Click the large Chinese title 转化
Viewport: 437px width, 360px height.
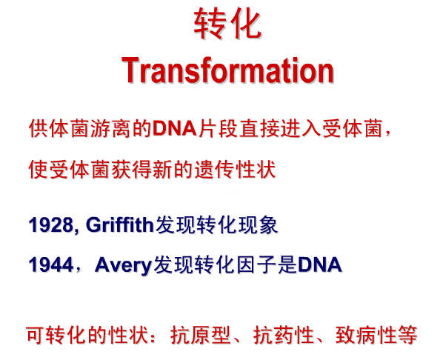227,23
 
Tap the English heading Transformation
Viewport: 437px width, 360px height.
227,70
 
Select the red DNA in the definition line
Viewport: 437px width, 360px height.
175,128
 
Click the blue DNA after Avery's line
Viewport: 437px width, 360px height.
320,264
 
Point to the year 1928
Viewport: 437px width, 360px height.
51,224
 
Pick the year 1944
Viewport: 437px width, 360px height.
51,264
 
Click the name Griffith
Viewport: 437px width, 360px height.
120,224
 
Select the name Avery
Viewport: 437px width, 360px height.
123,265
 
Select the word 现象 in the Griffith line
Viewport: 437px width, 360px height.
258,224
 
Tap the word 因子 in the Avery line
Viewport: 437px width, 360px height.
257,264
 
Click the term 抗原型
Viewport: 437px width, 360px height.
201,335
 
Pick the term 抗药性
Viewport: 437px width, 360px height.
283,335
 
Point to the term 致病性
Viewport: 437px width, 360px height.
366,335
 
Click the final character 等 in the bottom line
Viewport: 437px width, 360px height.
407,335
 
